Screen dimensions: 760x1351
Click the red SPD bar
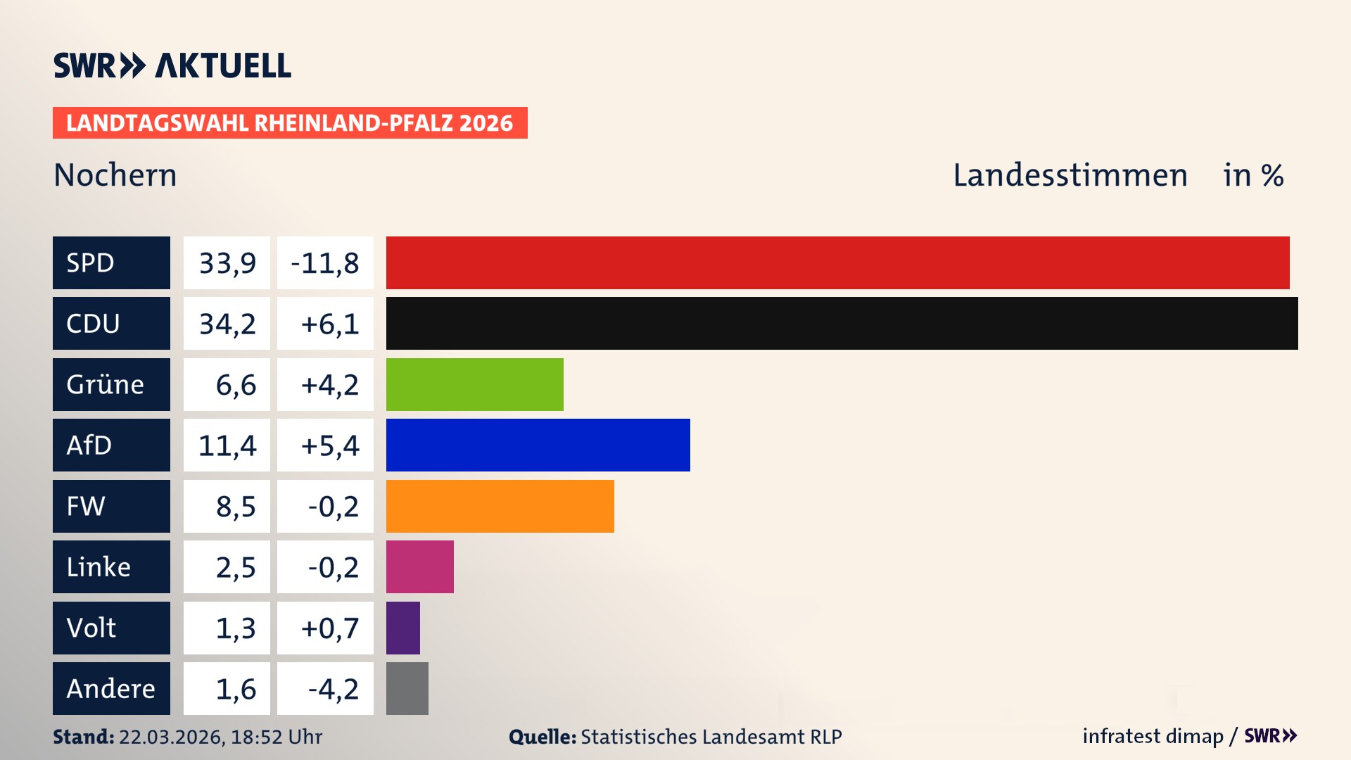pyautogui.click(x=837, y=262)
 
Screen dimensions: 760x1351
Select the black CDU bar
pyautogui.click(x=842, y=323)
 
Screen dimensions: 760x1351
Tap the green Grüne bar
pyautogui.click(x=474, y=384)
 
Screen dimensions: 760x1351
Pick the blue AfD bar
pyautogui.click(x=538, y=445)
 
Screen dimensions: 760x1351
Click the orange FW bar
pyautogui.click(x=500, y=506)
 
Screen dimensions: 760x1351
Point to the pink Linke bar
pyautogui.click(x=419, y=566)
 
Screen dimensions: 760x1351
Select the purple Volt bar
pyautogui.click(x=402, y=628)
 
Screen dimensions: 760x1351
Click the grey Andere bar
pyautogui.click(x=407, y=688)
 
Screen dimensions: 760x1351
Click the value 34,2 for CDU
pyautogui.click(x=227, y=324)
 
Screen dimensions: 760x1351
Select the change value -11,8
pyautogui.click(x=325, y=263)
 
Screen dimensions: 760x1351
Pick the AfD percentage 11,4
pyautogui.click(x=227, y=445)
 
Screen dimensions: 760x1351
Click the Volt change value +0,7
pyautogui.click(x=329, y=628)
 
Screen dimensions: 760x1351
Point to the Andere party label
pyautogui.click(x=111, y=688)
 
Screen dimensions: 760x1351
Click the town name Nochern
pyautogui.click(x=115, y=175)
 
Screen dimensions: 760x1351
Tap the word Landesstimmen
pyautogui.click(x=1070, y=175)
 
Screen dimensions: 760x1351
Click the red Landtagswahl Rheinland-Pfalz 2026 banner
pyautogui.click(x=289, y=123)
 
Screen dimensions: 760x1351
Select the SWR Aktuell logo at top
pyautogui.click(x=172, y=65)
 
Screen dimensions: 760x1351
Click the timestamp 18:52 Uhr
pyautogui.click(x=276, y=737)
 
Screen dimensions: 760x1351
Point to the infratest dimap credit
pyautogui.click(x=1153, y=736)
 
